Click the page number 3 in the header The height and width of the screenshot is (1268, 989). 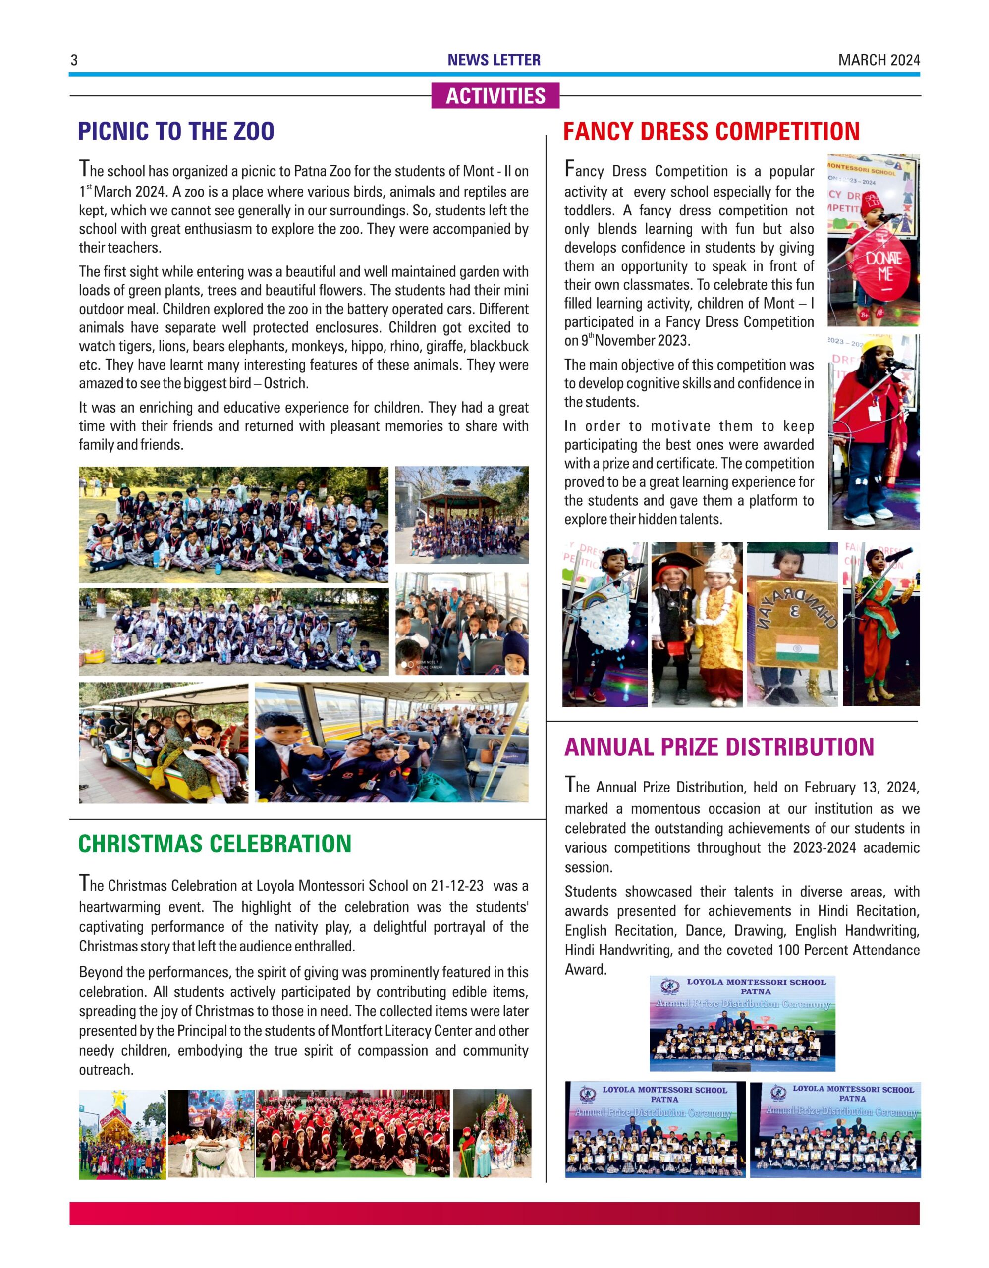click(x=74, y=60)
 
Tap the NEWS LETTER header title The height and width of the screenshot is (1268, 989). click(x=494, y=60)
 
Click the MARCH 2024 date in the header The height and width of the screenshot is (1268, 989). click(x=879, y=60)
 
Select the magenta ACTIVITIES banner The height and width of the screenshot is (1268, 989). click(x=495, y=96)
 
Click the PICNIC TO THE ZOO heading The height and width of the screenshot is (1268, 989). click(x=176, y=132)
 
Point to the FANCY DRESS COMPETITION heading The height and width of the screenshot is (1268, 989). click(x=712, y=132)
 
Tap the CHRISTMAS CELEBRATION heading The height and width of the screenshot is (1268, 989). click(x=215, y=844)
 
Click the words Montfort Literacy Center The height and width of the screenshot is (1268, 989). click(x=402, y=1031)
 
